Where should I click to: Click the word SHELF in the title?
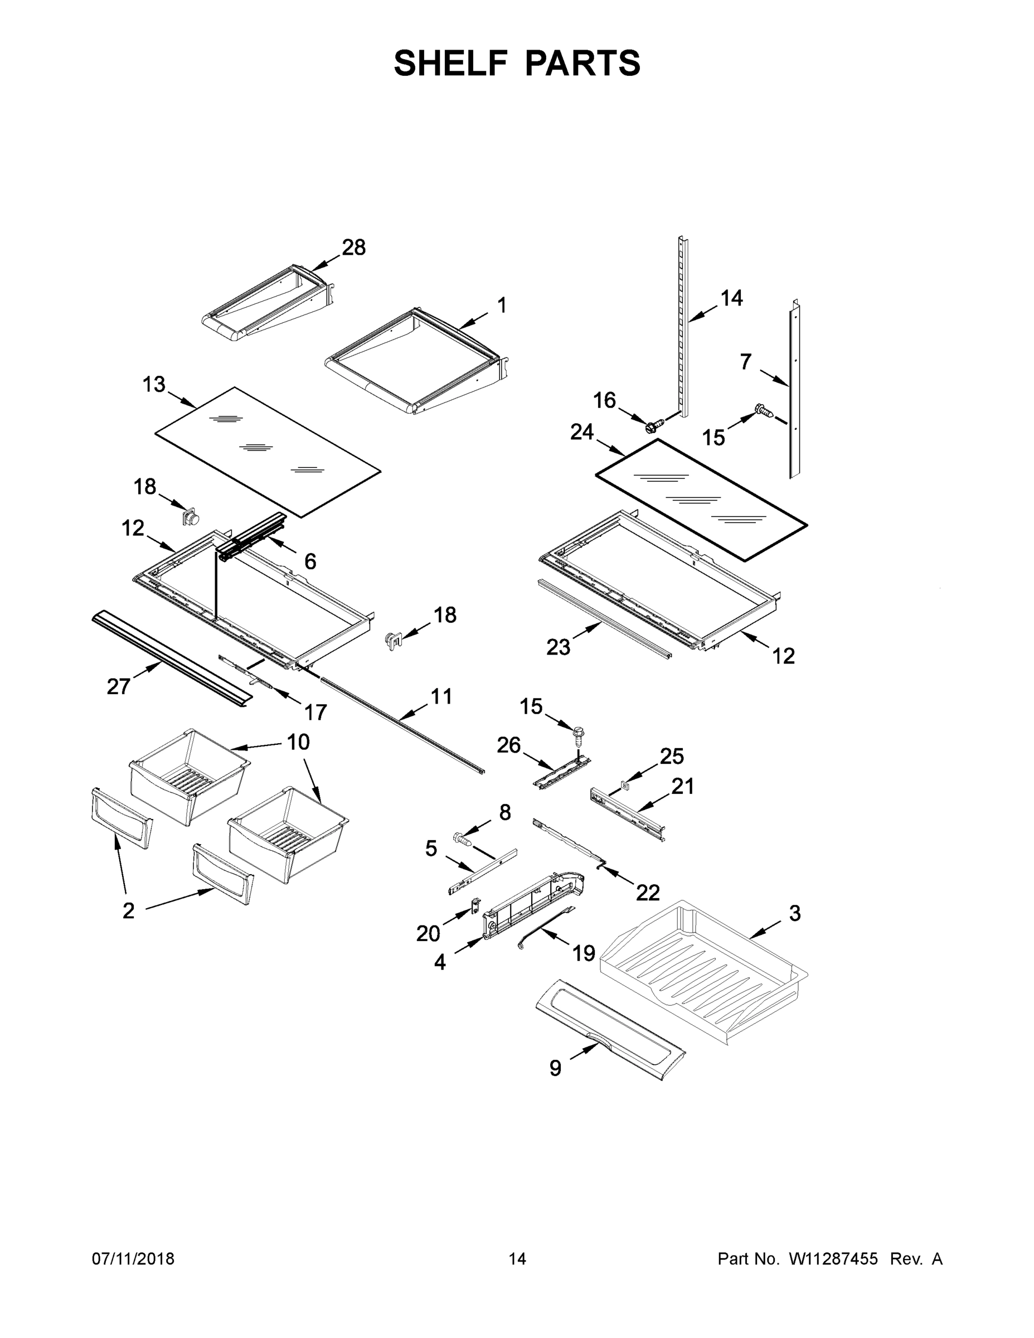[x=451, y=64]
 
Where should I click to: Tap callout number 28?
[x=353, y=248]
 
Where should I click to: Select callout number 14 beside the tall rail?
[x=731, y=298]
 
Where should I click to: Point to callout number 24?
[x=582, y=432]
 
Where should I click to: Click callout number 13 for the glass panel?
[x=154, y=384]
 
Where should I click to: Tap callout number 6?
[x=310, y=561]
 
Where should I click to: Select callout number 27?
[x=118, y=687]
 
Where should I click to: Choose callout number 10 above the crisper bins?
[x=298, y=742]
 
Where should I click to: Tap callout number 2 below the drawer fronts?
[x=128, y=911]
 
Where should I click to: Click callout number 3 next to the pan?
[x=794, y=913]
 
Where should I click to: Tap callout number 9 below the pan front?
[x=555, y=1068]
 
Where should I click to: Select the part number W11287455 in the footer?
[x=833, y=1259]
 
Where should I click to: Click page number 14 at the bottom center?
[x=517, y=1259]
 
